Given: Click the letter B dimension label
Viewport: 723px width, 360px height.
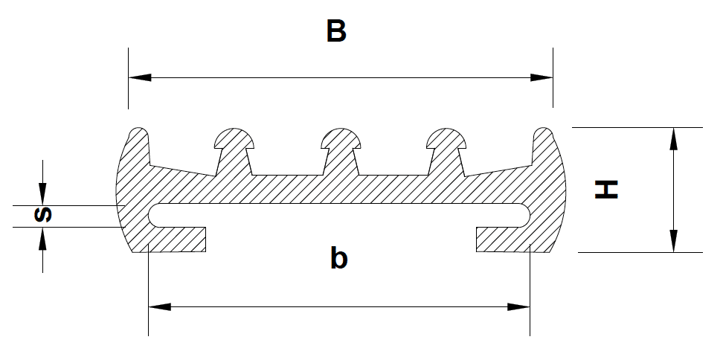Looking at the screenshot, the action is click(x=336, y=31).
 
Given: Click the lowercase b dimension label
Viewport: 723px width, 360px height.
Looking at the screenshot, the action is click(x=339, y=258).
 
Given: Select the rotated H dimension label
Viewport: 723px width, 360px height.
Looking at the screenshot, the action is click(x=606, y=190).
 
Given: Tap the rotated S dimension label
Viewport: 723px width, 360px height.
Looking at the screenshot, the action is click(x=43, y=215).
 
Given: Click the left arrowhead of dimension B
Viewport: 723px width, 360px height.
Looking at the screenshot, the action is click(x=140, y=77).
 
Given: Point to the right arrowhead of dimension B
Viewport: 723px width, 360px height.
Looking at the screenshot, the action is click(x=542, y=77).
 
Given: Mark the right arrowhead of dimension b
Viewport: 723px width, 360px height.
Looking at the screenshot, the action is click(x=518, y=306).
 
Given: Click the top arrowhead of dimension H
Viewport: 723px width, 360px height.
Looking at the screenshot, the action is click(x=674, y=138).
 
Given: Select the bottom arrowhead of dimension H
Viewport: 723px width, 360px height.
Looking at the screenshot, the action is click(x=674, y=241).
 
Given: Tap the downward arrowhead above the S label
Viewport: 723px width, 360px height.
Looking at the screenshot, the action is click(x=42, y=194).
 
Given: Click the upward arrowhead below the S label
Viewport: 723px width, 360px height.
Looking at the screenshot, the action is click(x=42, y=238).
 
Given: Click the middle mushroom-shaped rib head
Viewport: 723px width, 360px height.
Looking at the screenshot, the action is click(x=341, y=139).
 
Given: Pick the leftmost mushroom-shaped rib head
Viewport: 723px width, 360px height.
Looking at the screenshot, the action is click(x=234, y=139).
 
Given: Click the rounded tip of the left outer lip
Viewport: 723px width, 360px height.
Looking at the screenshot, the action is click(x=138, y=132).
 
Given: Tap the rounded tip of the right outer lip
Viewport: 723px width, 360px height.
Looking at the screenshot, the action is click(x=543, y=132).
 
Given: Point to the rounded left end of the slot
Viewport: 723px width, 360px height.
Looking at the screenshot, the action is click(x=153, y=215).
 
